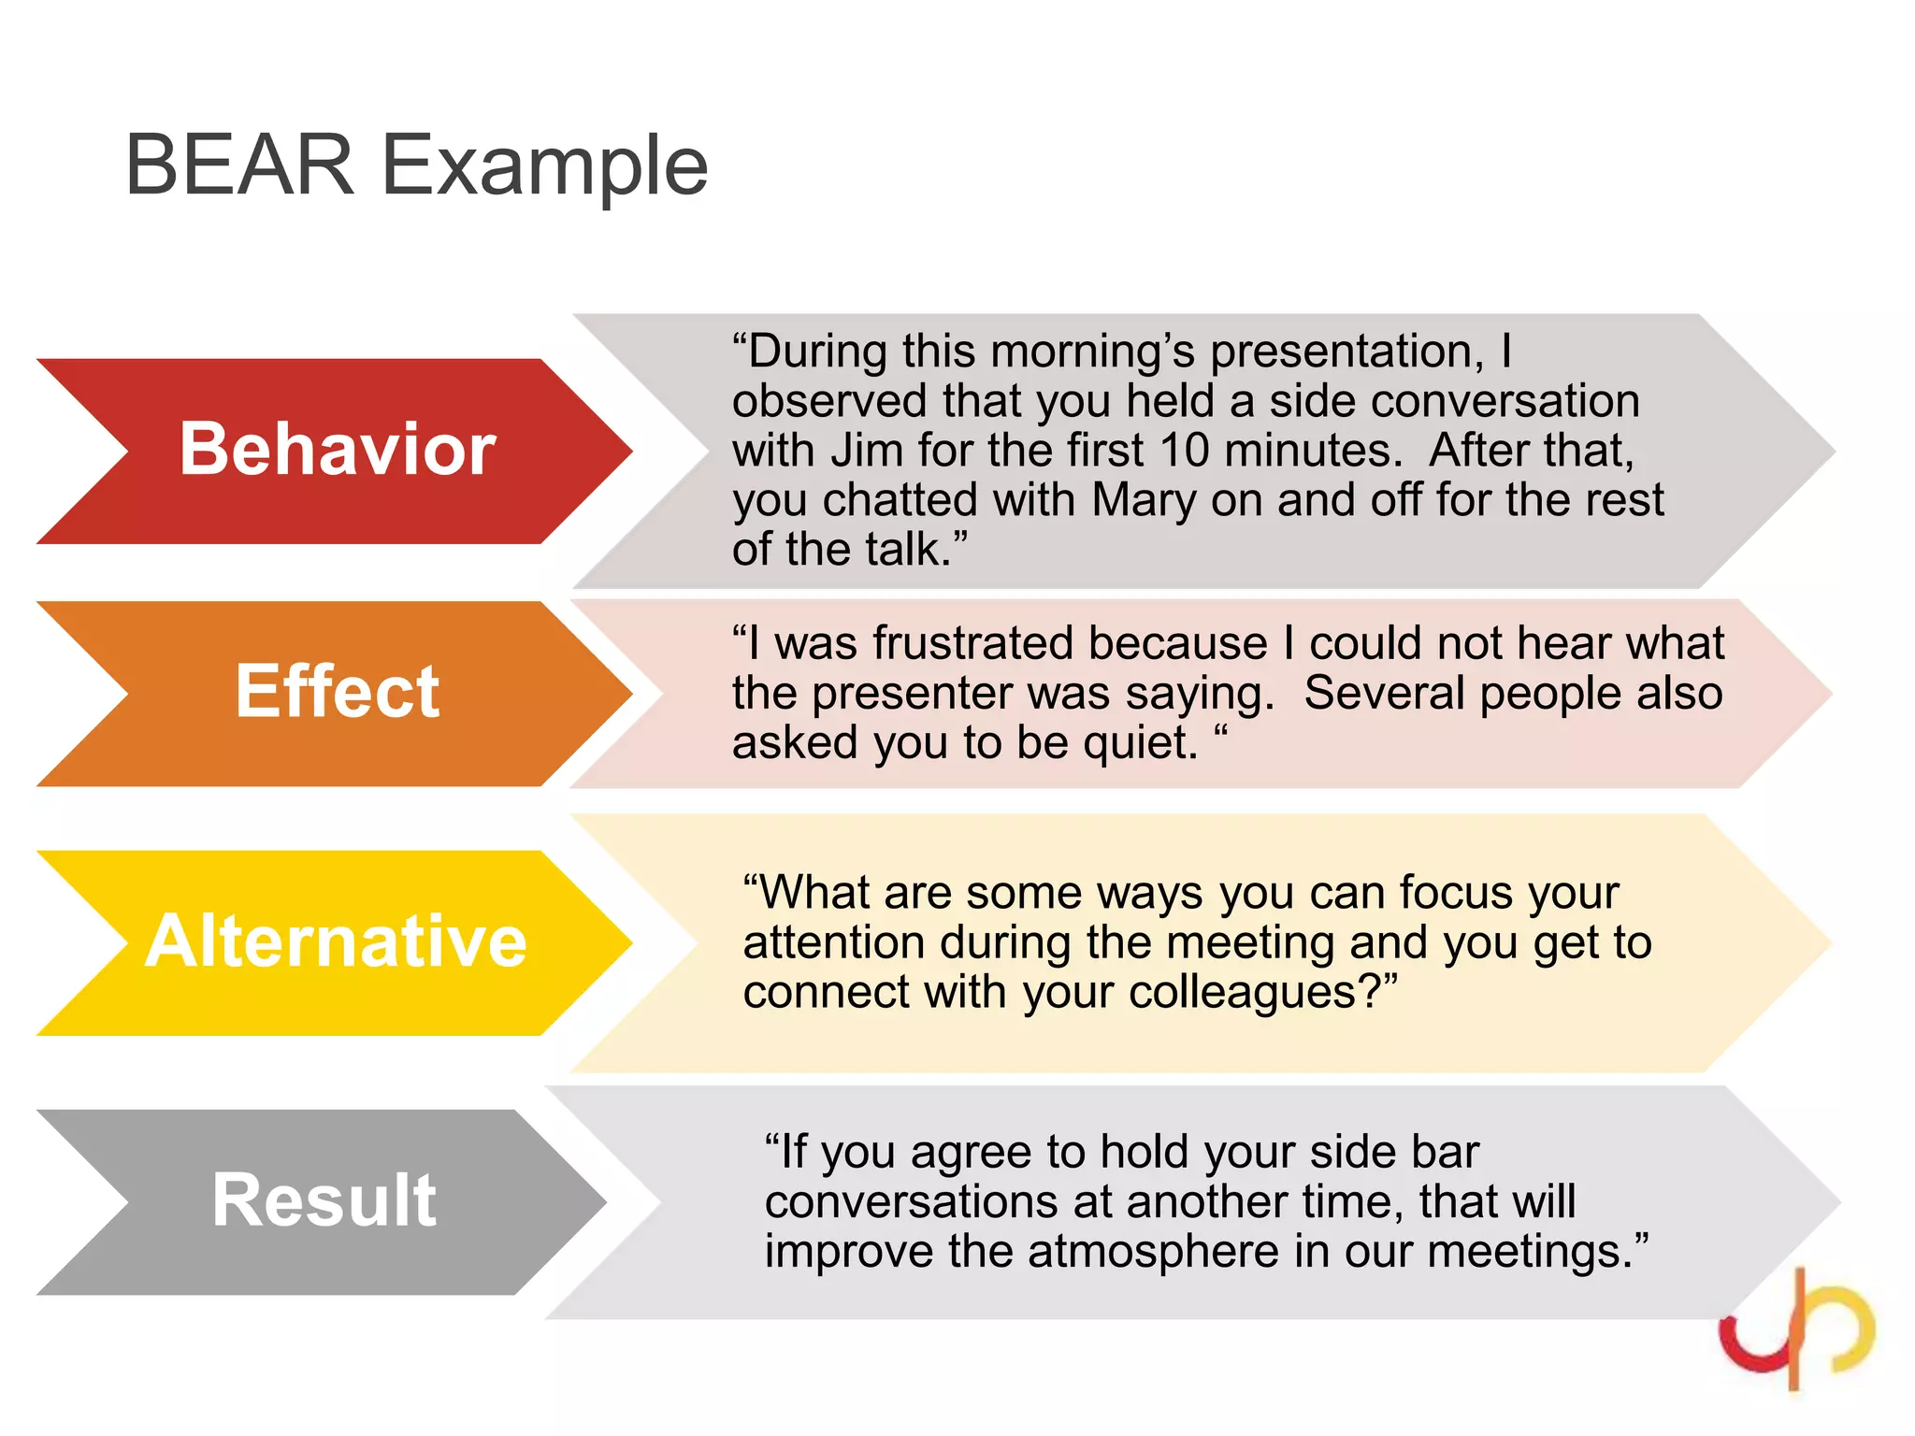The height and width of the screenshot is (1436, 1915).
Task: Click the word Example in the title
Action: pos(545,166)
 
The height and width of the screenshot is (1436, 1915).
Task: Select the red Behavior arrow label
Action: pos(337,450)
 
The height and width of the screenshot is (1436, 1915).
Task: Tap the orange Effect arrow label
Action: pos(337,692)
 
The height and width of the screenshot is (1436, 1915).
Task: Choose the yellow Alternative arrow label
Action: pos(337,941)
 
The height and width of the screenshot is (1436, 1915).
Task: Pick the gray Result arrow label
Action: pos(324,1200)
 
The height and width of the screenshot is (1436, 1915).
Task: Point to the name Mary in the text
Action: pos(1144,499)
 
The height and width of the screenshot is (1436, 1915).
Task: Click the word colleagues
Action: pos(1243,992)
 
